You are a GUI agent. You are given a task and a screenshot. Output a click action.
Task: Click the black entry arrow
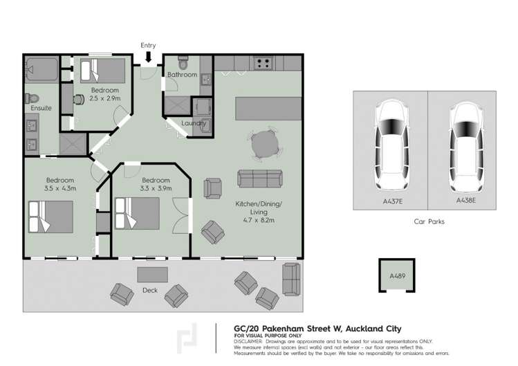pos(148,57)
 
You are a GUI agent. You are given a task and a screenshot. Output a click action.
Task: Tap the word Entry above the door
pos(148,45)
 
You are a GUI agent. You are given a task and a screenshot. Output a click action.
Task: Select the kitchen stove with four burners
pos(263,63)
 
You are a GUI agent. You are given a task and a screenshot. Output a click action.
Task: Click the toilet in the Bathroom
pos(183,62)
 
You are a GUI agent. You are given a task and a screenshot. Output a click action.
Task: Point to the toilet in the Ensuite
pos(32,98)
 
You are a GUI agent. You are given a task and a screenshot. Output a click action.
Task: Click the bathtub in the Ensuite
pos(41,70)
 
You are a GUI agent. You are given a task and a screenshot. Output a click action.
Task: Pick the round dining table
pos(265,144)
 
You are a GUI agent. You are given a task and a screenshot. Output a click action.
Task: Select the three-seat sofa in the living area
pos(260,179)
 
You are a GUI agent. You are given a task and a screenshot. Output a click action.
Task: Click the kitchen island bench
pos(268,109)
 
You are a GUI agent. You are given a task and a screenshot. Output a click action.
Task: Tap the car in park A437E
pos(392,145)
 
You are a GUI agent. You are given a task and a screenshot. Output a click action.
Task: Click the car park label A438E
pos(466,201)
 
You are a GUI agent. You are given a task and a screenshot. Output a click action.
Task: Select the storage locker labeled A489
pos(397,275)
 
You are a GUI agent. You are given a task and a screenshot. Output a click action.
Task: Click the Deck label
pos(150,291)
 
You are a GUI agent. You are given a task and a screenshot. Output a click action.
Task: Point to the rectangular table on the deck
pos(152,275)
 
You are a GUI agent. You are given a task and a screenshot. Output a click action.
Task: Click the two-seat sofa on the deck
pos(291,279)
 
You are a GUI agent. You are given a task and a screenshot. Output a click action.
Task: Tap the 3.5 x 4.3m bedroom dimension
pos(60,188)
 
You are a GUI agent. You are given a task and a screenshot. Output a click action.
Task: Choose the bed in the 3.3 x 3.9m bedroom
pos(137,213)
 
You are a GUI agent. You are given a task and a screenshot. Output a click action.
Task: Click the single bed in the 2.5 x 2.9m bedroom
pos(103,71)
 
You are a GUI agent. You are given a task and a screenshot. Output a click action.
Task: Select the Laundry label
pos(194,123)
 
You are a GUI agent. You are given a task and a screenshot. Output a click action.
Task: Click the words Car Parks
pos(429,221)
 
